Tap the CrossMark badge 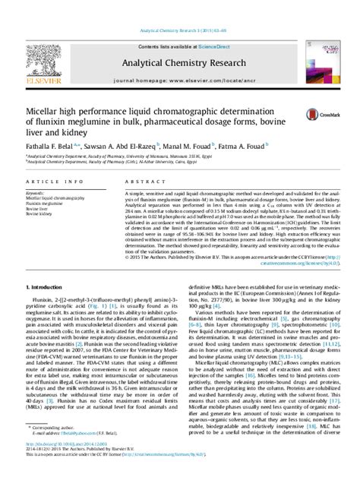[x=317, y=114]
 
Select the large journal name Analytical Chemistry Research [x=179, y=40]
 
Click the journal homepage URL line [x=179, y=59]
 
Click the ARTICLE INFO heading [x=46, y=183]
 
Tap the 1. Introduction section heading [x=48, y=266]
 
